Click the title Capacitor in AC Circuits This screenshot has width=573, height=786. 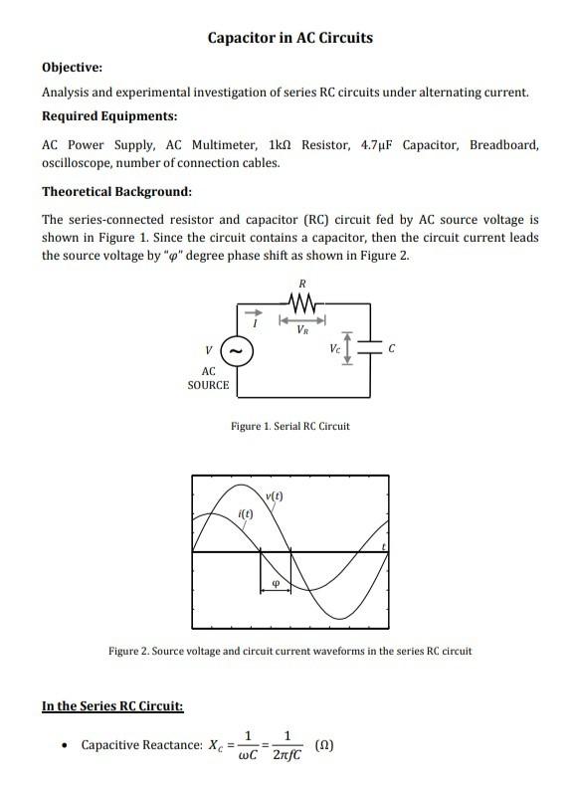(289, 38)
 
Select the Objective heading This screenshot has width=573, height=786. (72, 68)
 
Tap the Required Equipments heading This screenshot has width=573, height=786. (109, 116)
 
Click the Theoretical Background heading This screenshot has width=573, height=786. (116, 191)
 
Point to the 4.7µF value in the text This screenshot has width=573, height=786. (376, 144)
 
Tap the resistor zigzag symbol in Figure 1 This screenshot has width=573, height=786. (301, 301)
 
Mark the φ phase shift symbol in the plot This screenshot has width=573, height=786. (276, 585)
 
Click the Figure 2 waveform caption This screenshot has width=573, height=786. (289, 651)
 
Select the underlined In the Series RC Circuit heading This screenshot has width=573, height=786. (111, 706)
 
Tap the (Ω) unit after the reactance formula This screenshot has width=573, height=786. (324, 744)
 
